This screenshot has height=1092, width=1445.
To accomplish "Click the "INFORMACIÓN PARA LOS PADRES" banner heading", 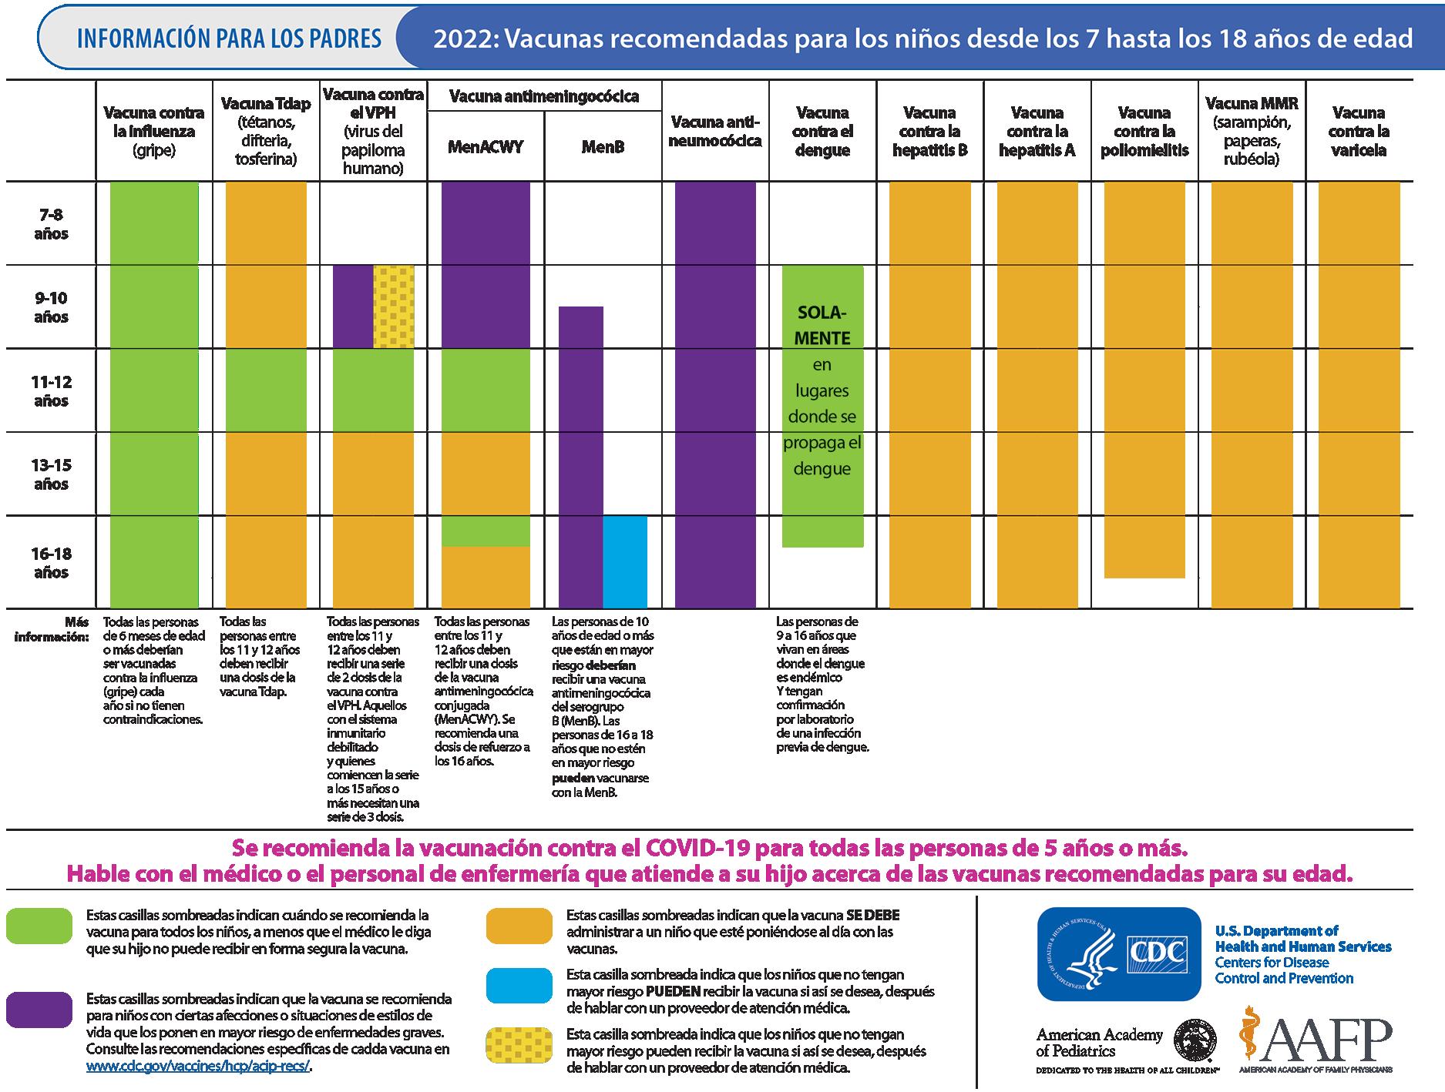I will point(229,39).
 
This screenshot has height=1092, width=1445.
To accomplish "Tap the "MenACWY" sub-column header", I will point(486,147).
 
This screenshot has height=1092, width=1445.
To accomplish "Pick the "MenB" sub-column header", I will point(603,147).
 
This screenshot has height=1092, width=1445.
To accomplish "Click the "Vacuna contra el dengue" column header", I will point(822,131).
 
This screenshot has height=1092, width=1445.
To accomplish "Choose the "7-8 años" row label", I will point(51,224).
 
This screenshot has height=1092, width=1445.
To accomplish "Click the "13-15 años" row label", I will point(51,474).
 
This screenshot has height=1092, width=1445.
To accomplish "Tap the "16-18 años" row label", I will point(51,563).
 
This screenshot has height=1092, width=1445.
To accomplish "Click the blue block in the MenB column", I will point(624,562).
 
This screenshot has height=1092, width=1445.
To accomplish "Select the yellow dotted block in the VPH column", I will point(394,306).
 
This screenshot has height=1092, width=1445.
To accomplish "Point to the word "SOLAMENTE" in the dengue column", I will point(822,325).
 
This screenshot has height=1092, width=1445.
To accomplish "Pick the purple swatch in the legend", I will point(39,1009).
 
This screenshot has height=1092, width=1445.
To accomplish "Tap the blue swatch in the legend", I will point(519,985).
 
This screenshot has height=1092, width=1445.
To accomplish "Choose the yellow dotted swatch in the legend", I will point(519,1044).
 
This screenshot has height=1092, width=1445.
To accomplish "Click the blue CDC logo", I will point(1118,953).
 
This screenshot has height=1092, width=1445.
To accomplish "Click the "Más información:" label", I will point(51,629).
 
